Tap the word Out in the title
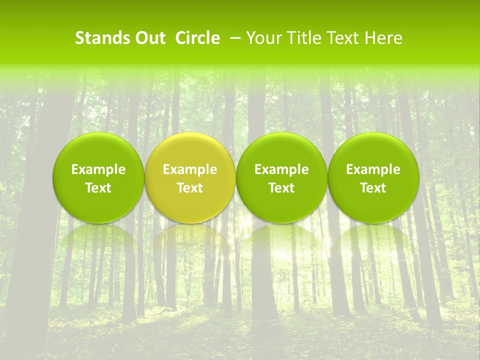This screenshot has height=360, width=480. point(148,38)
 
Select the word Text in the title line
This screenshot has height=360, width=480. point(340,38)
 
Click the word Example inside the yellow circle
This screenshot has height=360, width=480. point(190,170)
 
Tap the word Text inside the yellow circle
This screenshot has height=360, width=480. point(190,188)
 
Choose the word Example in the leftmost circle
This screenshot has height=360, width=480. point(98,170)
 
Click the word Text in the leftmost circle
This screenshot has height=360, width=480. point(98,188)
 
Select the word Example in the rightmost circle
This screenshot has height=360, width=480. point(373,170)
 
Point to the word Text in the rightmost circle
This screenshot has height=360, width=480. point(373,188)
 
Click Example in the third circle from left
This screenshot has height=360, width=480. point(281,170)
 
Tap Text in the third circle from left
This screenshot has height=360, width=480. point(281,188)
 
